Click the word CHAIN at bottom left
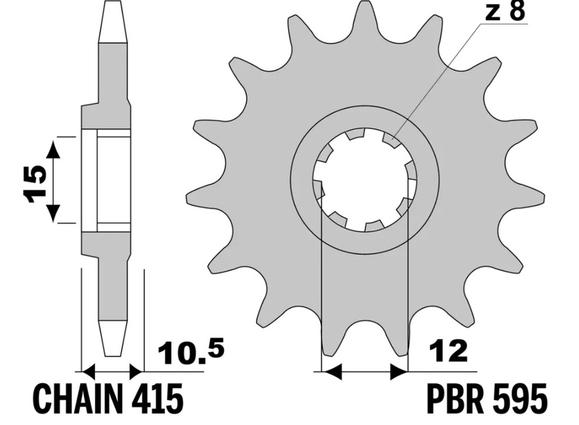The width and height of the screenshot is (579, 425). (x=78, y=399)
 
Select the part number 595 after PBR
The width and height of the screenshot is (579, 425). (x=520, y=399)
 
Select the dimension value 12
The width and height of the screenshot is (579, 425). (x=448, y=351)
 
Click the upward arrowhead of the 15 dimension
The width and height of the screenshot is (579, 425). (x=54, y=150)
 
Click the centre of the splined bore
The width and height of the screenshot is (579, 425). (x=365, y=180)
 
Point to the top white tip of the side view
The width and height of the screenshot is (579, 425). (x=113, y=22)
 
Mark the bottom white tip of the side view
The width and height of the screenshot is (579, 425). (x=113, y=338)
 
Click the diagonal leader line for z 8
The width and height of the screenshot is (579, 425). (x=437, y=80)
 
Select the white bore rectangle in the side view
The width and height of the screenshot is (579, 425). (x=106, y=181)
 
